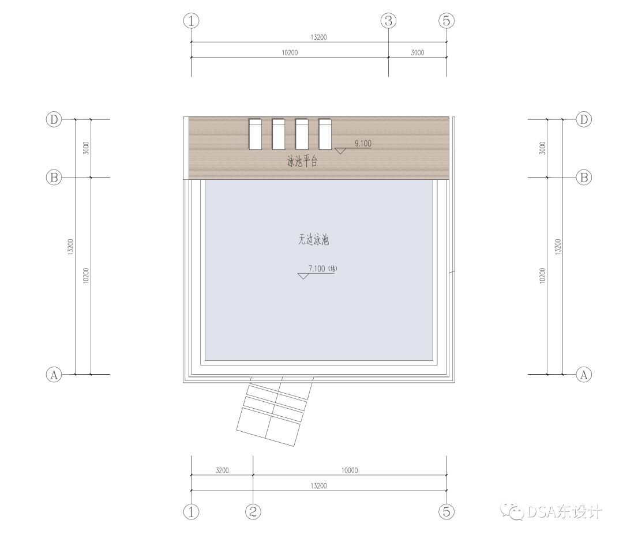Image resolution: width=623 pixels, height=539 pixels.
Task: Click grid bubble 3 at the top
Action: pyautogui.click(x=389, y=21)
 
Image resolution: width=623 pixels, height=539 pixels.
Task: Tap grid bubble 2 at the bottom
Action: pyautogui.click(x=253, y=512)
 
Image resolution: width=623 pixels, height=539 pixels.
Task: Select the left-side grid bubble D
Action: pyautogui.click(x=54, y=119)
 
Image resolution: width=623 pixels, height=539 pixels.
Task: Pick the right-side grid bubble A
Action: pyautogui.click(x=584, y=375)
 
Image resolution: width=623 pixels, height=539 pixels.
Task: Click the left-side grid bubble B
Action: pyautogui.click(x=54, y=177)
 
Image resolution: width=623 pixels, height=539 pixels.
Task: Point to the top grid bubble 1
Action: pyautogui.click(x=191, y=21)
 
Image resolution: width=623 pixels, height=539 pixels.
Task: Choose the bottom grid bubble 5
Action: pyautogui.click(x=446, y=512)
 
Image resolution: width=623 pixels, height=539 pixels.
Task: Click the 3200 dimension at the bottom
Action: pyautogui.click(x=222, y=470)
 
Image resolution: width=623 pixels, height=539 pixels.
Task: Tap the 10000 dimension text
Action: pyautogui.click(x=350, y=470)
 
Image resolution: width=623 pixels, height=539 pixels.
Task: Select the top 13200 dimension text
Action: pyautogui.click(x=318, y=37)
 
